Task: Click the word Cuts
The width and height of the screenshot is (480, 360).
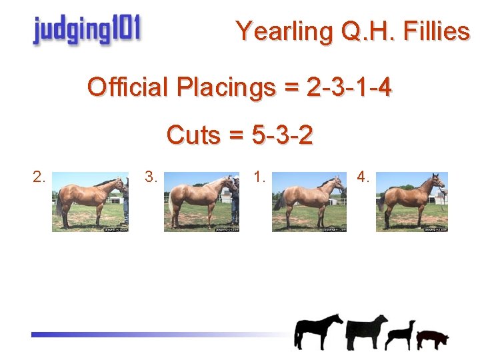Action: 194,135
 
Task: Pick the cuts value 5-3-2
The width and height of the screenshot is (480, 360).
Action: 282,135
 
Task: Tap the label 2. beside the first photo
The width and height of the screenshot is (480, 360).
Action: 39,177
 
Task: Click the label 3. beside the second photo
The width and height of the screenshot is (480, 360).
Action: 151,177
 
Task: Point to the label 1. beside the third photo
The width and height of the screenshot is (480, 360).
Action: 260,177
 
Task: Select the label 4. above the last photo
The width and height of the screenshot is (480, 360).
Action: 363,177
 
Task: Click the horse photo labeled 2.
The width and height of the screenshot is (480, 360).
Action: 90,201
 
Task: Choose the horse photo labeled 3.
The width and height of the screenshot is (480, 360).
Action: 201,201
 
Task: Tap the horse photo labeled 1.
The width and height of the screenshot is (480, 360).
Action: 309,201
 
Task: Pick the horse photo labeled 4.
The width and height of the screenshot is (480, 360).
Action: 411,201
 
